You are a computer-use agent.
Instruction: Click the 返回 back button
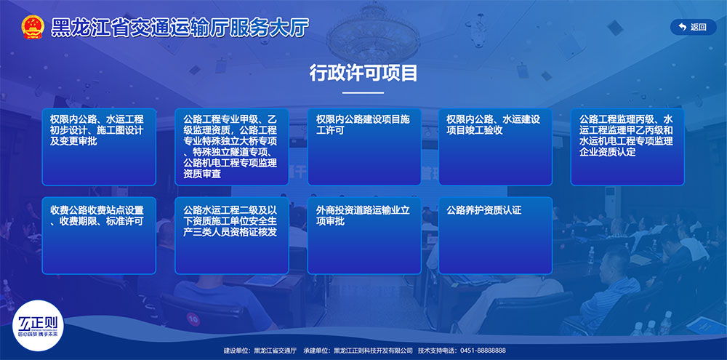(x=693, y=27)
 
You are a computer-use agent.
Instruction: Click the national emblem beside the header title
(x=33, y=27)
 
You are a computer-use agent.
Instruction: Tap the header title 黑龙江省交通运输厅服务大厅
(x=180, y=28)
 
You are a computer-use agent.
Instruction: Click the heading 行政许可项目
(x=363, y=73)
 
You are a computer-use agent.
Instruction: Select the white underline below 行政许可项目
(x=363, y=93)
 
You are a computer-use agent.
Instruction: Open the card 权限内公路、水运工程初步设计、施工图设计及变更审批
(x=99, y=147)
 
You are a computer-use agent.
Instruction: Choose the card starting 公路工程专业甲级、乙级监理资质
(x=232, y=147)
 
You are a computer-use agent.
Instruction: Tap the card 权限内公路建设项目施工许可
(x=364, y=147)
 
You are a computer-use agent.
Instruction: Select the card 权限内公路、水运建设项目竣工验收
(x=495, y=147)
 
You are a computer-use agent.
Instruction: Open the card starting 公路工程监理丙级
(x=627, y=147)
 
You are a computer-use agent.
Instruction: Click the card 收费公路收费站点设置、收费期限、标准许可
(x=99, y=236)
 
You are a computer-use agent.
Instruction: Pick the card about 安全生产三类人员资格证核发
(x=232, y=236)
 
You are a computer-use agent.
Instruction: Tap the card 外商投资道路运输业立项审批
(x=364, y=236)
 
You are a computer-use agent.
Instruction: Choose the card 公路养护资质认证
(x=495, y=236)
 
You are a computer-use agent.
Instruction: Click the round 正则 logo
(x=38, y=325)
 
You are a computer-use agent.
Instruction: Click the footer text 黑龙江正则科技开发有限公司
(x=373, y=351)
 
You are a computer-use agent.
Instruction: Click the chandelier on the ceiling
(x=373, y=33)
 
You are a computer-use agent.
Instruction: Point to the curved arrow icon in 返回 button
(x=682, y=27)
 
